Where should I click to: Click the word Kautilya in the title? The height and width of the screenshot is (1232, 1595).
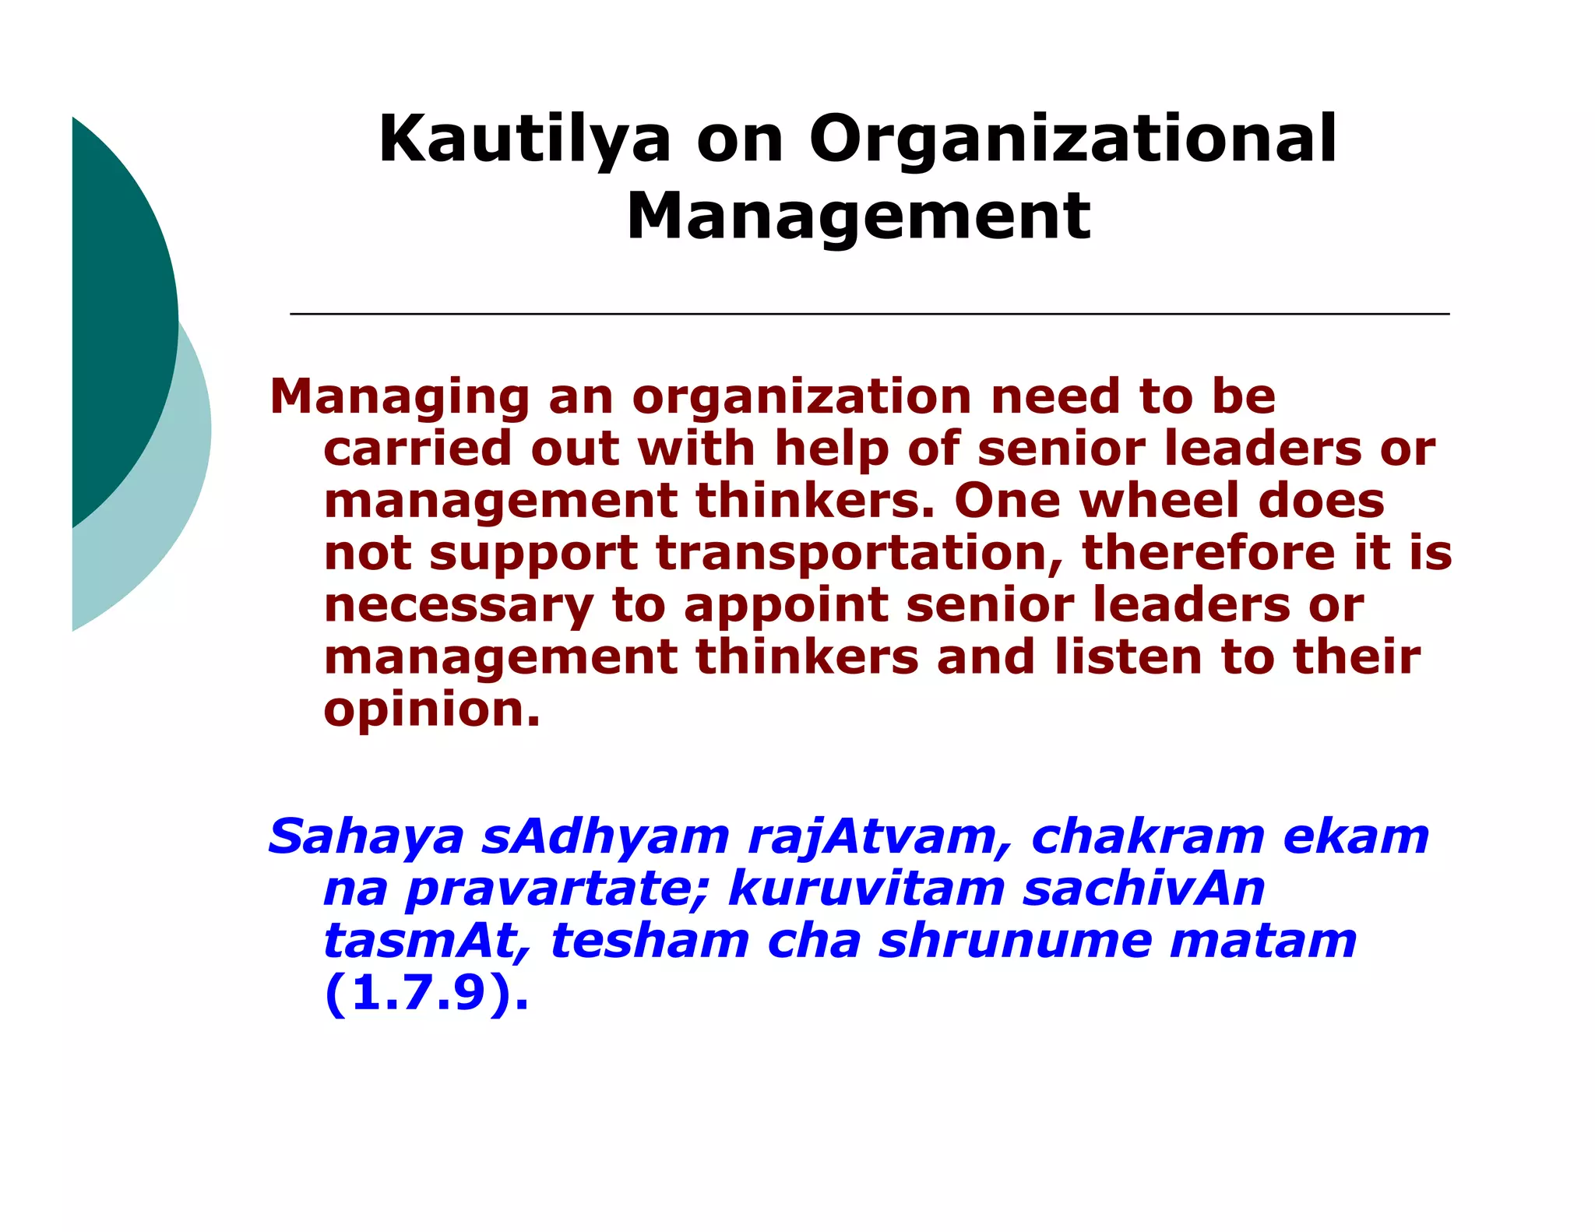click(524, 140)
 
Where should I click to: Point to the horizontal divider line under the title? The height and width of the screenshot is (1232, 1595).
click(869, 314)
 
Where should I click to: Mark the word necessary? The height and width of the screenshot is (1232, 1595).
click(458, 607)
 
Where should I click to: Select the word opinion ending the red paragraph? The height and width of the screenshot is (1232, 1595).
click(431, 711)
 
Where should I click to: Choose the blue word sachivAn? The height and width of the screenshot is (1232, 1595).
click(1143, 889)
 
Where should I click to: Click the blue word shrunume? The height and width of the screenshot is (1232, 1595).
click(1016, 942)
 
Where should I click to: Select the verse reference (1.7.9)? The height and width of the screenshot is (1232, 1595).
click(426, 994)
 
